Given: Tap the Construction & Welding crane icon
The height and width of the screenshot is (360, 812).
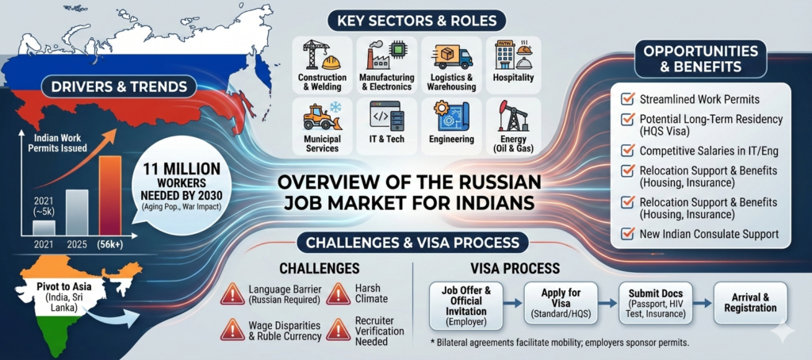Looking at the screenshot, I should point(321,55).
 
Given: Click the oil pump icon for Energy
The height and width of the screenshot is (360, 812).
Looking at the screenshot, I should point(511,117).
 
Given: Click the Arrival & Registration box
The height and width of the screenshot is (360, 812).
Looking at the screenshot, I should point(749,302).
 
